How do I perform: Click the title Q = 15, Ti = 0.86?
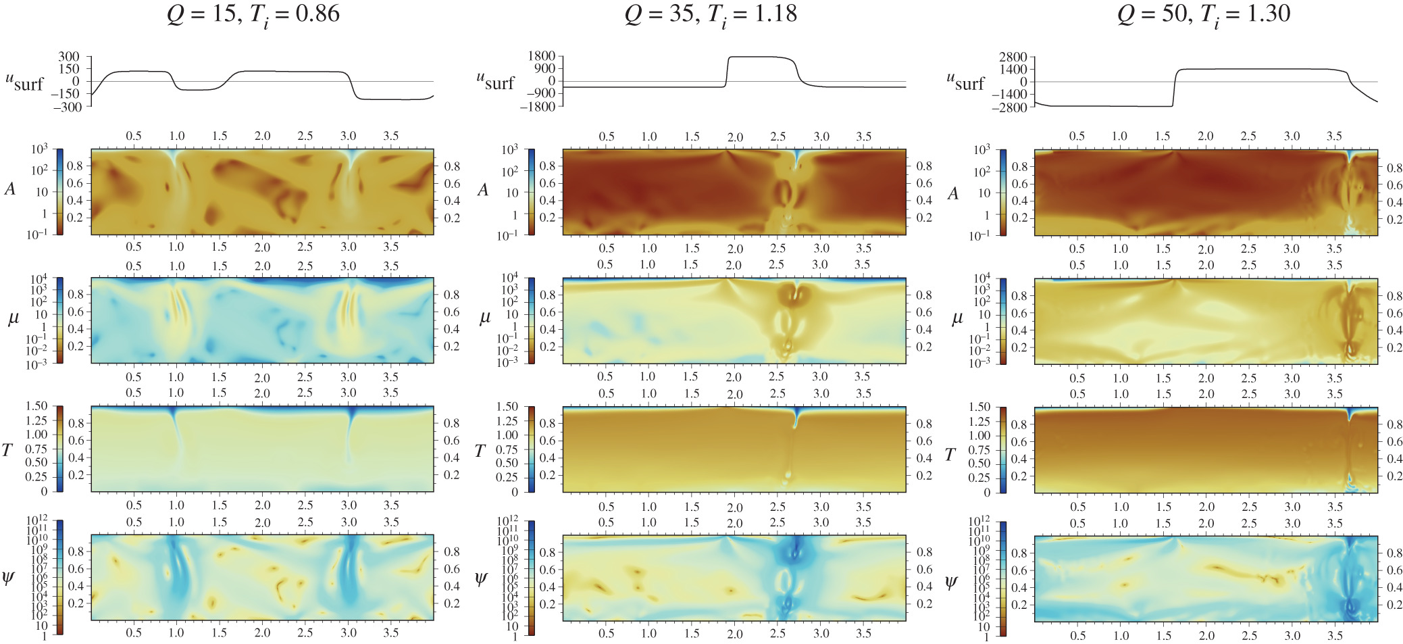pos(253,14)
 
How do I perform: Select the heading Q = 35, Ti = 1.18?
pos(711,14)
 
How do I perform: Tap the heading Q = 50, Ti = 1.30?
pos(1204,14)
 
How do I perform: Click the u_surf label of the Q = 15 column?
pos(24,82)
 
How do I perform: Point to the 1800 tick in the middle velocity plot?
pos(542,56)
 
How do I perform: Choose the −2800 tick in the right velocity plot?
pos(1008,107)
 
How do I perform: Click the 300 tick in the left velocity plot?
pos(68,56)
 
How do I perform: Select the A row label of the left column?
pos(9,189)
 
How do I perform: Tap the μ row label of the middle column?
pos(484,318)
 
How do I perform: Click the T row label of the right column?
pos(950,455)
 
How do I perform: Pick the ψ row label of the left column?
pos(8,578)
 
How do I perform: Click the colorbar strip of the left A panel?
pos(59,192)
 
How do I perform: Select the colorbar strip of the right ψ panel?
pos(1002,578)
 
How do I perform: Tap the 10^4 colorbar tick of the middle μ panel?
pos(509,278)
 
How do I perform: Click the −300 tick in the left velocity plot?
pos(66,107)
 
